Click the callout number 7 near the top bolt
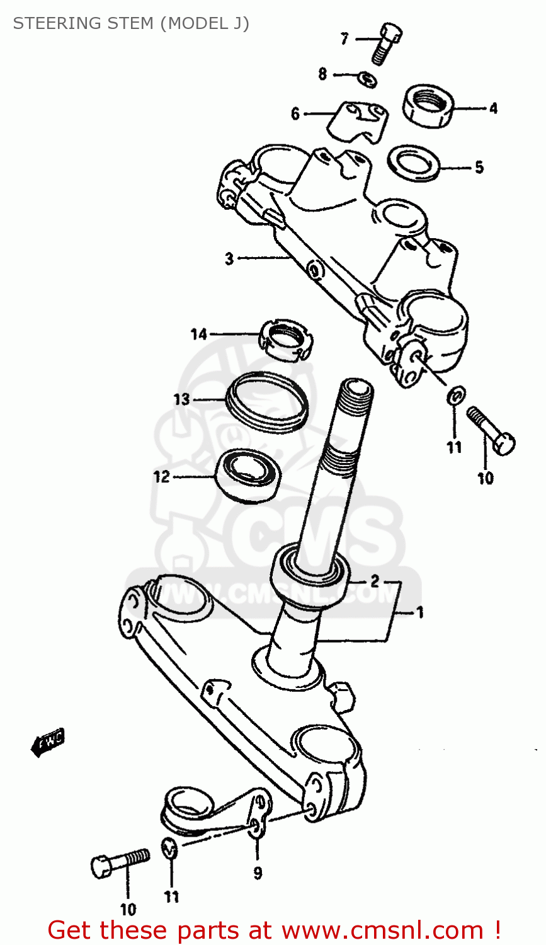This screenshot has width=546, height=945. (344, 39)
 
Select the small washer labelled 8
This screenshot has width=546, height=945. (367, 79)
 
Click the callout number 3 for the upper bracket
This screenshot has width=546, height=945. (229, 258)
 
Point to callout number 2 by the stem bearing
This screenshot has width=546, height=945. (374, 581)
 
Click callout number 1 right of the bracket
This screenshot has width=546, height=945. (420, 612)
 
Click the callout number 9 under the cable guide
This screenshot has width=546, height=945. (258, 873)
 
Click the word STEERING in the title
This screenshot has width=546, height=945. (53, 23)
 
